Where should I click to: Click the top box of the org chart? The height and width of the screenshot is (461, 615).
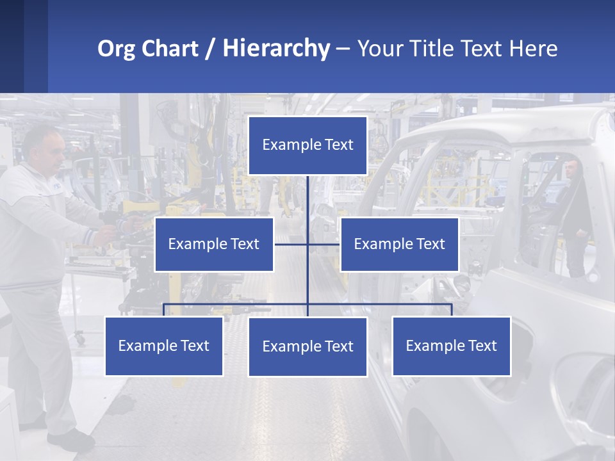tap(307, 145)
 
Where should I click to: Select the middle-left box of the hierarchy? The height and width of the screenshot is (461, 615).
tap(214, 244)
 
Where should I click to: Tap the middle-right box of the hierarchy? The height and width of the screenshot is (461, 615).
tap(399, 244)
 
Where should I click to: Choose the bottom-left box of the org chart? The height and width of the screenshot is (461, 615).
tap(164, 346)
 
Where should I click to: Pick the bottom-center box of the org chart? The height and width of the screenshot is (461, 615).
tap(307, 346)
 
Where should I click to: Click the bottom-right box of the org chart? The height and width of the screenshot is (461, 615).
tap(451, 346)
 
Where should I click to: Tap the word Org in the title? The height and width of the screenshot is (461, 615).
tap(117, 49)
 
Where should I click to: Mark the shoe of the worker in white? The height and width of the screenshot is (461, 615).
tap(70, 440)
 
